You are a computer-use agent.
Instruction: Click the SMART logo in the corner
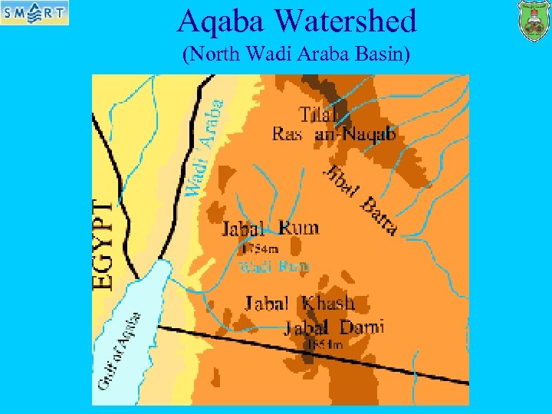pyautogui.click(x=34, y=13)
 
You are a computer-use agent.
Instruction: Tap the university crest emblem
pyautogui.click(x=534, y=21)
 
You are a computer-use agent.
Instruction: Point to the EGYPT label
pyautogui.click(x=102, y=245)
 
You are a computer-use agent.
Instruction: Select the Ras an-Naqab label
pyautogui.click(x=333, y=134)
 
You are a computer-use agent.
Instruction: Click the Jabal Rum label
pyautogui.click(x=270, y=228)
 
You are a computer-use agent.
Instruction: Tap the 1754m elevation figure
pyautogui.click(x=260, y=248)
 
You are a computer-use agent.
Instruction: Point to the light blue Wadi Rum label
pyautogui.click(x=274, y=267)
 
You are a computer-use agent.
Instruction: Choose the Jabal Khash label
pyautogui.click(x=299, y=303)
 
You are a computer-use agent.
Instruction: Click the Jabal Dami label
pyautogui.click(x=334, y=327)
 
